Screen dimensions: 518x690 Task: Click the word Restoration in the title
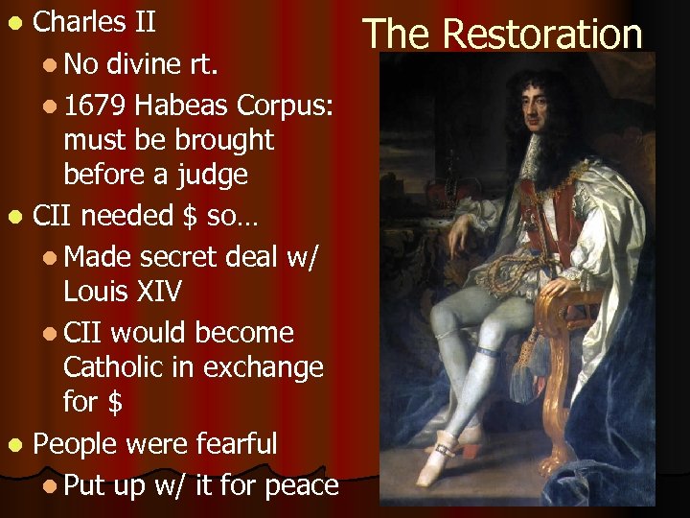pyautogui.click(x=543, y=34)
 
